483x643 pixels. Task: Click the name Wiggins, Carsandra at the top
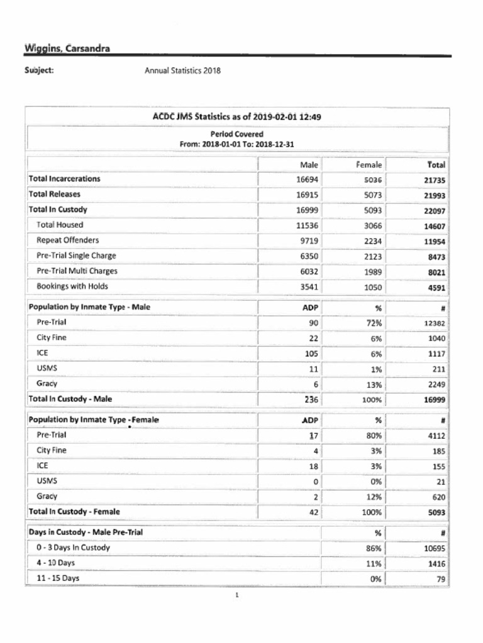pos(67,48)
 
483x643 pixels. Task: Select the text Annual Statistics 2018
pos(182,70)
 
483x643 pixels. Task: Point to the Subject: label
pos(38,70)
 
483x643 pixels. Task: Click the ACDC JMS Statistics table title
pos(237,116)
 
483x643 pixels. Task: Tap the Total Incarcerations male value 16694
pos(308,179)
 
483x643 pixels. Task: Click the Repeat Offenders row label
pos(67,240)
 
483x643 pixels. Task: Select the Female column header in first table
pos(369,165)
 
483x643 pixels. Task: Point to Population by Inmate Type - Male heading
pos(89,308)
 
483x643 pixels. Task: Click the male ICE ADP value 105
pos(311,354)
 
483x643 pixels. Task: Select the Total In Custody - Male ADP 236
pos(311,399)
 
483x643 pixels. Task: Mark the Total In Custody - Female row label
pos(74,512)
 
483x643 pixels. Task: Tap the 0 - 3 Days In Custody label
pos(73,548)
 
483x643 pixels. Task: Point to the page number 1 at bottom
pos(237,596)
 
